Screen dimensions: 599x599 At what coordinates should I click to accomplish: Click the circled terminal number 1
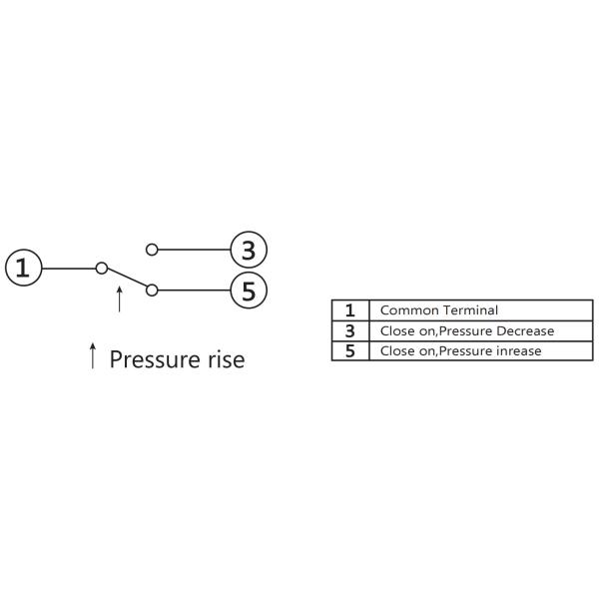(24, 268)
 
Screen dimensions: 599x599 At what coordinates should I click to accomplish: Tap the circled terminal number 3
(249, 249)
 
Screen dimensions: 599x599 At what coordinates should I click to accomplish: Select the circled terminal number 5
(249, 291)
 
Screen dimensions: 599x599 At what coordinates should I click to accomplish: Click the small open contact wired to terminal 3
(152, 249)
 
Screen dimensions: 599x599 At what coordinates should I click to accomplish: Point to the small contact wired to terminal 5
(152, 291)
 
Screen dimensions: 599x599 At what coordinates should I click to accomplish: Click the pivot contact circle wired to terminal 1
(101, 268)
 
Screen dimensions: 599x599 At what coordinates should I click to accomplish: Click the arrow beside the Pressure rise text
(93, 356)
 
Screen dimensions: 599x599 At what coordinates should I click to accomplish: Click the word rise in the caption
(221, 358)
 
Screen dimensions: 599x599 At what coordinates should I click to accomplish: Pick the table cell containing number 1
(349, 310)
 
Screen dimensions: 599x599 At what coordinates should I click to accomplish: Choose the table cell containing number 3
(349, 330)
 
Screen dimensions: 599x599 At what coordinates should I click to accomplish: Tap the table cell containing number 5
(349, 350)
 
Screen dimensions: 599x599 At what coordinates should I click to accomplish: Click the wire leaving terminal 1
(68, 268)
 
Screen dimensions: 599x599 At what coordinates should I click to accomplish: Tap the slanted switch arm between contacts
(126, 279)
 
